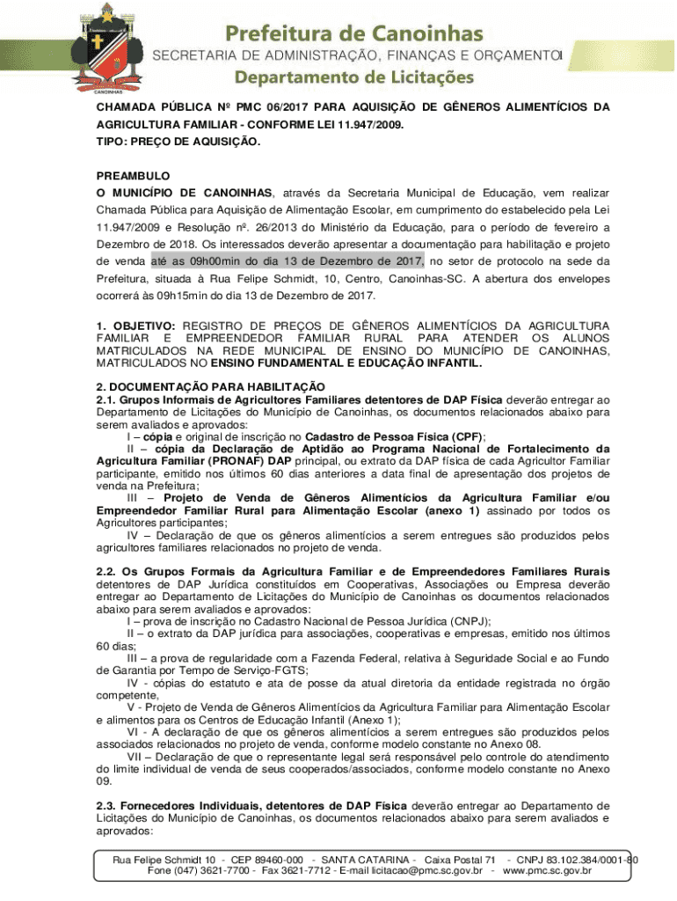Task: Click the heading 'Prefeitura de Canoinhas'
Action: pyautogui.click(x=354, y=33)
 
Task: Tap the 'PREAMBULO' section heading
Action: pyautogui.click(x=133, y=176)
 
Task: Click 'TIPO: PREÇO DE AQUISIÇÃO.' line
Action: pyautogui.click(x=178, y=141)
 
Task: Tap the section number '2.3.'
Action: pyautogui.click(x=106, y=804)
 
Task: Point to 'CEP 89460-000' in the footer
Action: pyautogui.click(x=265, y=860)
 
